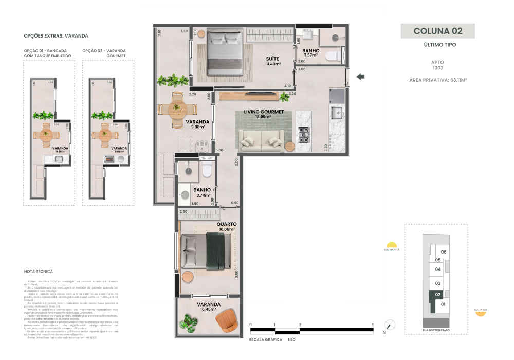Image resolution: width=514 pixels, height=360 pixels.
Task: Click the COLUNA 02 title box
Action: click(x=437, y=31)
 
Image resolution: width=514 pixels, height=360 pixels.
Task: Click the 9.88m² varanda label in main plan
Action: click(x=195, y=124)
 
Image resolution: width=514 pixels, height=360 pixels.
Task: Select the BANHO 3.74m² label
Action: click(x=202, y=192)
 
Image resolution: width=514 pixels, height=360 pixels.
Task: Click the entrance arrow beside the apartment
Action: click(x=360, y=77)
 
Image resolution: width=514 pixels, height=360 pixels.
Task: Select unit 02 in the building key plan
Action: click(x=438, y=295)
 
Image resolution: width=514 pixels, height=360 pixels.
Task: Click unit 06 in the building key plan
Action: click(x=444, y=252)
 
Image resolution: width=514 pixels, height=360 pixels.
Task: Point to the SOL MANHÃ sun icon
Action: click(x=392, y=245)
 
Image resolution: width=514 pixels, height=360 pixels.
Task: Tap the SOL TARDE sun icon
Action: click(x=481, y=313)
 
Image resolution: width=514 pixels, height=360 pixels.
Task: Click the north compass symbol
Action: click(x=390, y=325)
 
